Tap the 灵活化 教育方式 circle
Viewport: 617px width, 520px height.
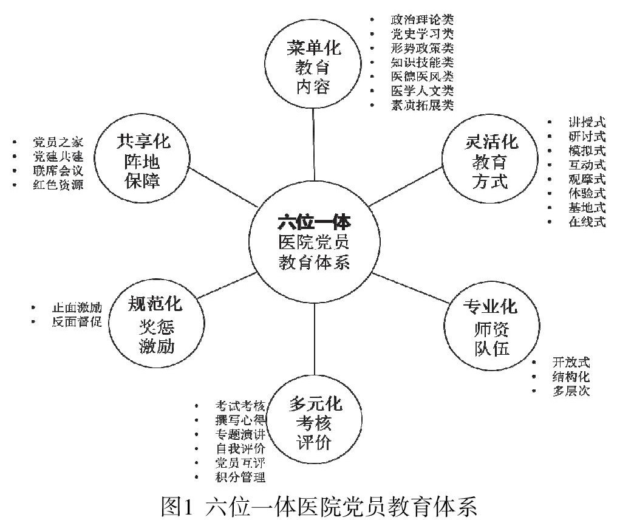pyautogui.click(x=487, y=162)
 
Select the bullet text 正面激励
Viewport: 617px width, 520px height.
pyautogui.click(x=76, y=307)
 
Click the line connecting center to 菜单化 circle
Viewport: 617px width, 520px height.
pyautogui.click(x=313, y=146)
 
